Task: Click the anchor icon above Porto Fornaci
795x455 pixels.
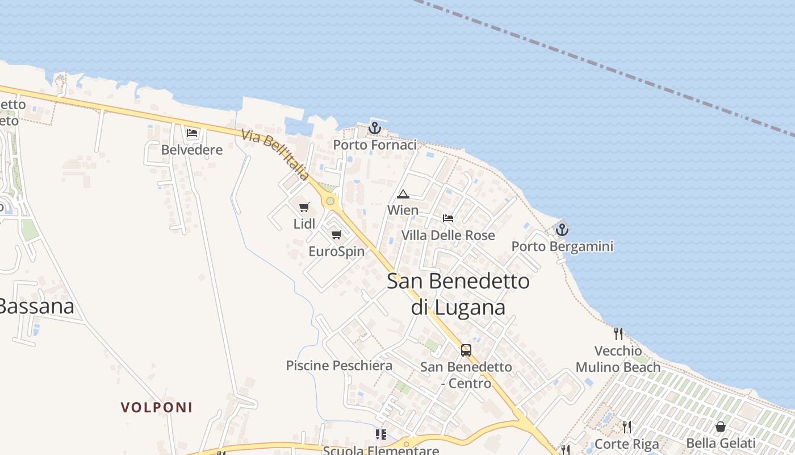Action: tap(374, 128)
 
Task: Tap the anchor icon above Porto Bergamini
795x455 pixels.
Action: tap(562, 230)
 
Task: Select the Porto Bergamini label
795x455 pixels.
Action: tap(562, 247)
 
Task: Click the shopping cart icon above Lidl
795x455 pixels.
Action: tap(304, 208)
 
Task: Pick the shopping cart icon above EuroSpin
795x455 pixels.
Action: tap(337, 234)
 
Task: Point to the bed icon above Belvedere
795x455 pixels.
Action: tap(192, 134)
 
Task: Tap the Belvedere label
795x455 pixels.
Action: tap(192, 150)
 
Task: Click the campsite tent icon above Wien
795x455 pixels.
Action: tap(403, 194)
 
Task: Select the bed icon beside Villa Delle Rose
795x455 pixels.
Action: tap(448, 218)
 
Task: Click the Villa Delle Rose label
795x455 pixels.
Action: tap(448, 235)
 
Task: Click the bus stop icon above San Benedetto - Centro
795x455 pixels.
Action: tap(466, 350)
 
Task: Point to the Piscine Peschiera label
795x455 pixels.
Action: tap(339, 366)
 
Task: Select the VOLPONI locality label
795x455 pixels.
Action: tap(157, 407)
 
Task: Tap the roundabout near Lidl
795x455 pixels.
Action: tap(330, 201)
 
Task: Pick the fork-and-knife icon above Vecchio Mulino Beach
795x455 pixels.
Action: tap(618, 333)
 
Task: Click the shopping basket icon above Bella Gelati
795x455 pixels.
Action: tap(721, 427)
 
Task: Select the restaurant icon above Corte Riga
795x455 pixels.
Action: tap(626, 427)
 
